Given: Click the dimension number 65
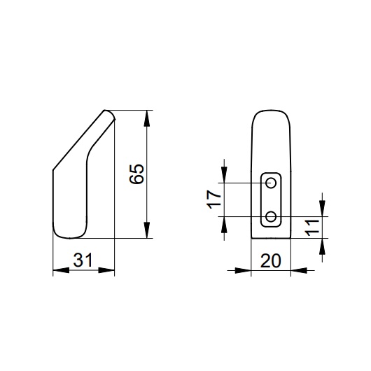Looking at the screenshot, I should click(x=139, y=174).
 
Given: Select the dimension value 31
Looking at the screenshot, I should click(x=84, y=260).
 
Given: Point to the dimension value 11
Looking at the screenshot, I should click(x=313, y=227).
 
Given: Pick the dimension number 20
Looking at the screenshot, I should click(x=269, y=260).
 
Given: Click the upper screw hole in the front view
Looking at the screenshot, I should click(x=271, y=183).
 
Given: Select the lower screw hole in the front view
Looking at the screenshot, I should click(x=271, y=216).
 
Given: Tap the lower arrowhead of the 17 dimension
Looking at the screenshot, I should click(x=224, y=223).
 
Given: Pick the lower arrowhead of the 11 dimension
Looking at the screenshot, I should click(x=321, y=245).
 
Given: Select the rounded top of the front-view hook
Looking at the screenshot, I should click(x=271, y=112).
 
